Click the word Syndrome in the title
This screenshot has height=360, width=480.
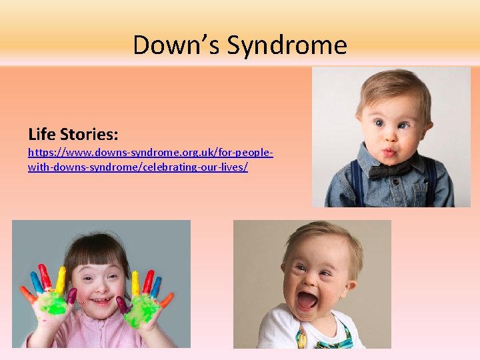click(x=287, y=45)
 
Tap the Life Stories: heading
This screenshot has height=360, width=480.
click(x=73, y=134)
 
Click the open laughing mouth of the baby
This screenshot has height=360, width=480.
click(x=307, y=300)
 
